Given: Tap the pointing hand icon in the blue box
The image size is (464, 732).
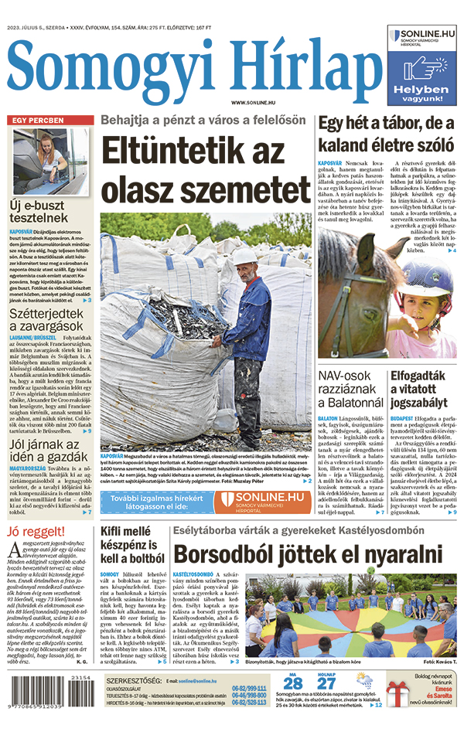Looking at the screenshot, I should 425,70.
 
